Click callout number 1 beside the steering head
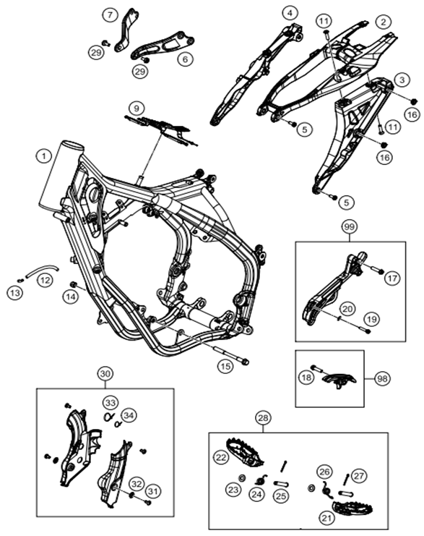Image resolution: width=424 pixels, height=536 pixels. [x=43, y=156]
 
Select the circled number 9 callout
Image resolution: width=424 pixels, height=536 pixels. [x=137, y=109]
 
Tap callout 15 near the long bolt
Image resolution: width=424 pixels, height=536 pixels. [x=225, y=367]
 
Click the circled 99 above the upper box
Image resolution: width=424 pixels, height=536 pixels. [x=350, y=226]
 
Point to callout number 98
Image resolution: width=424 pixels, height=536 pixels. [x=382, y=379]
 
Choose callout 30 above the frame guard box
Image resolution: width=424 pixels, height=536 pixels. [x=105, y=374]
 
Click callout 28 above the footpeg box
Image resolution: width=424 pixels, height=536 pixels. [x=263, y=417]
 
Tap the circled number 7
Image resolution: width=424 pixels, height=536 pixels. [x=110, y=15]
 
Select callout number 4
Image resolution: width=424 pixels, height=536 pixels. [x=290, y=14]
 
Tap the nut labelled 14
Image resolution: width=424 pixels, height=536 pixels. [x=73, y=284]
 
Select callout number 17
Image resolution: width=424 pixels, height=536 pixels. [x=392, y=278]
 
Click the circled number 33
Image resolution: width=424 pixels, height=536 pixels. [x=111, y=403]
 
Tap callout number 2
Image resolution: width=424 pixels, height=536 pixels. [x=384, y=22]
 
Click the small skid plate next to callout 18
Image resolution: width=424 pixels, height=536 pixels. [x=339, y=380]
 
